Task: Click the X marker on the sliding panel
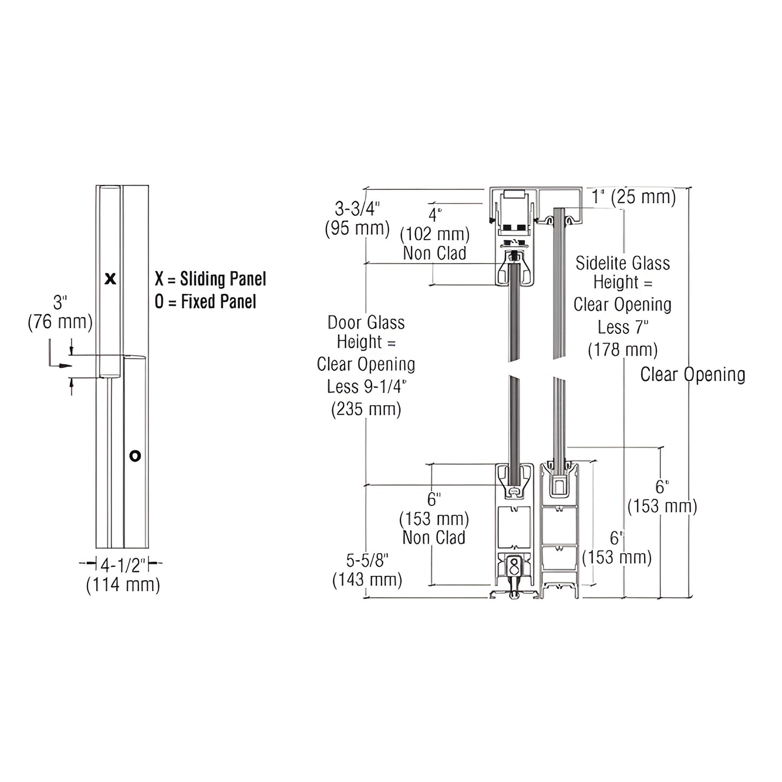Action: (110, 279)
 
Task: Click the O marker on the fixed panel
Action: (135, 456)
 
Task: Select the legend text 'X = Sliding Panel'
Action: (210, 279)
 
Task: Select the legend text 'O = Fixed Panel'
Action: (205, 301)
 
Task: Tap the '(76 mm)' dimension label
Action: (60, 322)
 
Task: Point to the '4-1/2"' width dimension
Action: (123, 565)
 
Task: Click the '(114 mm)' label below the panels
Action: (123, 585)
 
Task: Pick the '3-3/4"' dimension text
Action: (357, 208)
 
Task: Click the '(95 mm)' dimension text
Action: (357, 228)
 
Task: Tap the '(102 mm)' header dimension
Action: (435, 234)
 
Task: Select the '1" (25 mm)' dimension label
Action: (633, 197)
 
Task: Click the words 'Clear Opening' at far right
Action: (693, 374)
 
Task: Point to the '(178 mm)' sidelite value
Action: (622, 350)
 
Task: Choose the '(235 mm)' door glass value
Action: (366, 409)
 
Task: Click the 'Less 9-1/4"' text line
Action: (366, 387)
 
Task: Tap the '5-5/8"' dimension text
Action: (367, 559)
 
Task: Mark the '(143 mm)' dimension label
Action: (367, 580)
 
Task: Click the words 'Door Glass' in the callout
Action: (366, 323)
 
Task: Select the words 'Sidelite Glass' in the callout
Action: (622, 264)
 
